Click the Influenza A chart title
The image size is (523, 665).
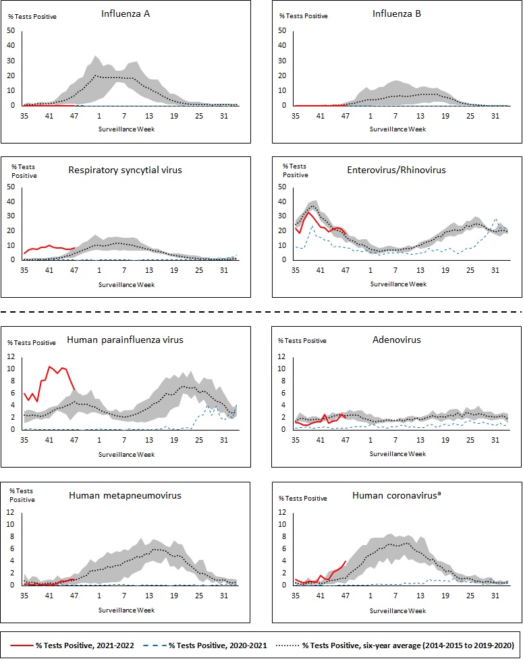pos(126,13)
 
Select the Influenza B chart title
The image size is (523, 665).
pos(397,13)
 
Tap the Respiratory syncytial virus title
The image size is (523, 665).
pos(125,170)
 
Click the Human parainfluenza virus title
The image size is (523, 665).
pos(125,340)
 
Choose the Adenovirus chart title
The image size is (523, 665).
pos(397,340)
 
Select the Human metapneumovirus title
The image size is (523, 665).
pos(125,496)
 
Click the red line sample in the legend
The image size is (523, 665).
pos(24,645)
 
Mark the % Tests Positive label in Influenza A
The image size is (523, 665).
pos(32,17)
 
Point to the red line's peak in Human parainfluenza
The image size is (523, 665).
pos(49,367)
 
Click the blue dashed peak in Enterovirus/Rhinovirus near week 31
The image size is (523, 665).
pos(495,218)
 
